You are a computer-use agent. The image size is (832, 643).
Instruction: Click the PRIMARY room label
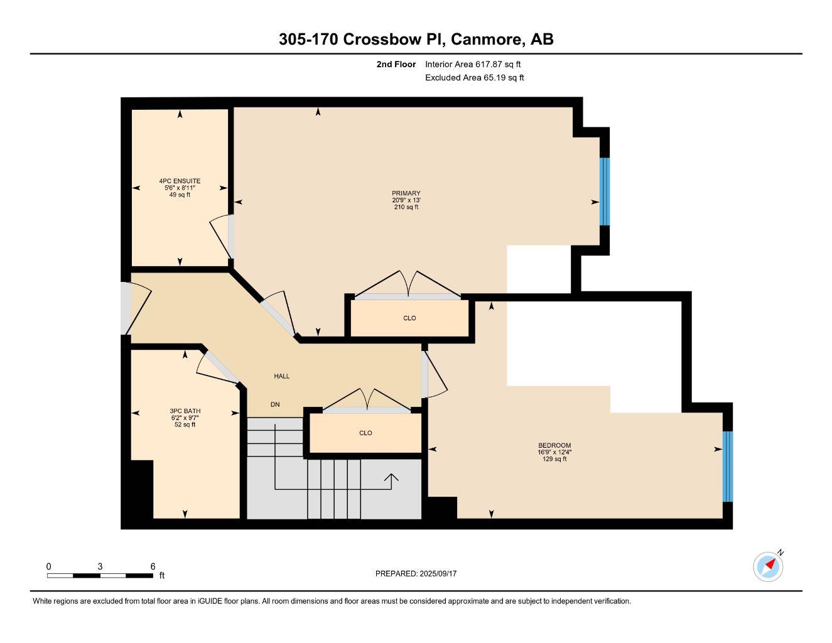(x=406, y=193)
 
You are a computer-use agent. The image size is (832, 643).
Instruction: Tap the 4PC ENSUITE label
(x=180, y=181)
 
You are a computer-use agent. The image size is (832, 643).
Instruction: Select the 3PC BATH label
(x=185, y=411)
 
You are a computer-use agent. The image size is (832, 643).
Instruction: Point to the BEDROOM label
(x=554, y=445)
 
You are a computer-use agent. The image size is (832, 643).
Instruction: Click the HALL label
(x=281, y=376)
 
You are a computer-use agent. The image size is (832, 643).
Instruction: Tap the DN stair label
(x=275, y=404)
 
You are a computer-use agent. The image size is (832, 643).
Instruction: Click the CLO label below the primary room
(x=409, y=318)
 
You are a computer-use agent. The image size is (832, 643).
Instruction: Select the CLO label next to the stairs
(x=365, y=433)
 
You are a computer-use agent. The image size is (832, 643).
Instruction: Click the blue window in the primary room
(x=605, y=192)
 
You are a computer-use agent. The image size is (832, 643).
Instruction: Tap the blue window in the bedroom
(x=727, y=466)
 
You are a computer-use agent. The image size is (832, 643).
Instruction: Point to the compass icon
(x=768, y=566)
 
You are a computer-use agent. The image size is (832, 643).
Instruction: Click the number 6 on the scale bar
(x=153, y=566)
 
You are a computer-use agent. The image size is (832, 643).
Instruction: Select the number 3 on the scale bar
(x=100, y=566)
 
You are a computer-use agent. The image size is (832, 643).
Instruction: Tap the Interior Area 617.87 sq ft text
(x=473, y=64)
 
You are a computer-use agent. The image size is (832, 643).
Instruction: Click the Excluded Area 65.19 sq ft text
(x=474, y=78)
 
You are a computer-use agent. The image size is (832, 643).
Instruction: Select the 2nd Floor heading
(x=396, y=64)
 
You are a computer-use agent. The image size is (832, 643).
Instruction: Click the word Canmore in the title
(x=487, y=40)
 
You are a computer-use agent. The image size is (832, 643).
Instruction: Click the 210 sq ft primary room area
(x=406, y=207)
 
